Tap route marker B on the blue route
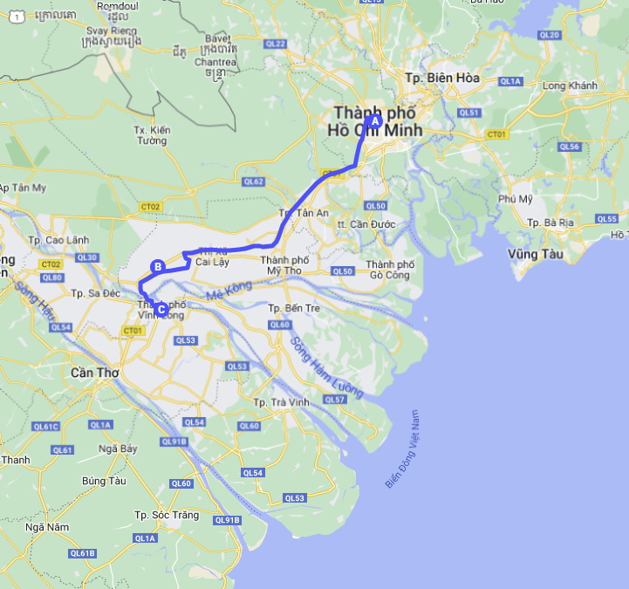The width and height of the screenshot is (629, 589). (x=158, y=267)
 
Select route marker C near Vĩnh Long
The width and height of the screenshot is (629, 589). (x=161, y=307)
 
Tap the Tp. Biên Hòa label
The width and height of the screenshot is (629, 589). (x=442, y=78)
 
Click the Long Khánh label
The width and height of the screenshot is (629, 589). (x=570, y=86)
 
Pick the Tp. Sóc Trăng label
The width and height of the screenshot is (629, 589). (x=167, y=515)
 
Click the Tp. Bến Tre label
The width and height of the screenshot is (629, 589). (x=291, y=308)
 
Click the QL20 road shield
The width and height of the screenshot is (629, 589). (x=550, y=35)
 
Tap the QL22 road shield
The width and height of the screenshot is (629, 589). (x=277, y=44)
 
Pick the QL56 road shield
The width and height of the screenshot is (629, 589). (x=570, y=147)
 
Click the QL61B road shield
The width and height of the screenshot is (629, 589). (x=82, y=553)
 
